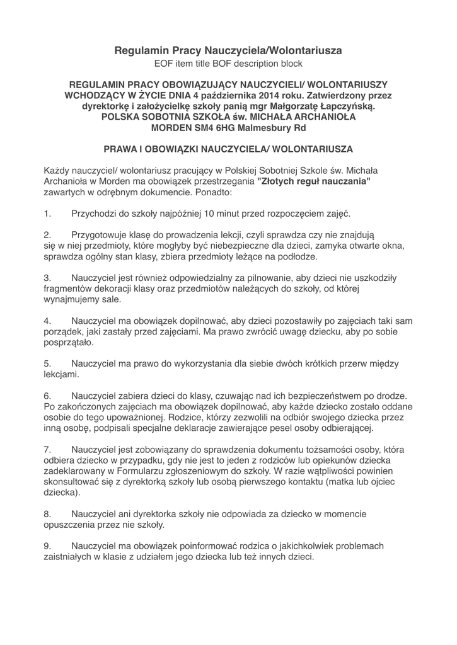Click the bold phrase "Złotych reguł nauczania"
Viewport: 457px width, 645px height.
[x=314, y=181]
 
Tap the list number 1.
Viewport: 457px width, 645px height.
[x=47, y=214]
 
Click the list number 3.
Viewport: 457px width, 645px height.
[x=47, y=278]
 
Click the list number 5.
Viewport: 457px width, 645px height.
[x=47, y=363]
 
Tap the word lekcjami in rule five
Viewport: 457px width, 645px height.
[x=61, y=374]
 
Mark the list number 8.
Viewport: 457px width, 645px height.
[x=47, y=513]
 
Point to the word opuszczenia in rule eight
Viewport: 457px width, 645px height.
[x=69, y=524]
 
